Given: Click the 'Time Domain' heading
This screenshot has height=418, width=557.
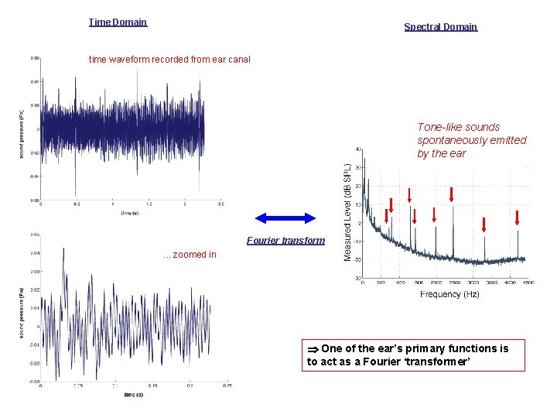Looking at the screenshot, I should (118, 22).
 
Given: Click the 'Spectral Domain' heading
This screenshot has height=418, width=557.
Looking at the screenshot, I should (440, 26).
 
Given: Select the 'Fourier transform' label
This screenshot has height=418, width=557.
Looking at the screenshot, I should (285, 241).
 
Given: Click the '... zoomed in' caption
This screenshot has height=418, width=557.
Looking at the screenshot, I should (190, 254).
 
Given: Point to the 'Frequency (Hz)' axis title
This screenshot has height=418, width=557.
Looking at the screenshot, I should (449, 294).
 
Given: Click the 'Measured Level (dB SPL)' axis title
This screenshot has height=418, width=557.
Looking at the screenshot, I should (348, 211).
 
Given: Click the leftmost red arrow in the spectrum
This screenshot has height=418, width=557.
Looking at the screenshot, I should (391, 204).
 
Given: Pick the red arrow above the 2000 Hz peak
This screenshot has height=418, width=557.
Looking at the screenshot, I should (434, 214).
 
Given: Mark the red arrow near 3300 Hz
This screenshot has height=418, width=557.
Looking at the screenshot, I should (484, 224).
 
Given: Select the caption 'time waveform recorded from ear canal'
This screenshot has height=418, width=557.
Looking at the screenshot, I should (169, 59).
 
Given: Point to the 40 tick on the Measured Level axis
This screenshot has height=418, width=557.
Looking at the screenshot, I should (357, 149).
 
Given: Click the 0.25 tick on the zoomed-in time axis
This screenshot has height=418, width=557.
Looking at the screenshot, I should (227, 385).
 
